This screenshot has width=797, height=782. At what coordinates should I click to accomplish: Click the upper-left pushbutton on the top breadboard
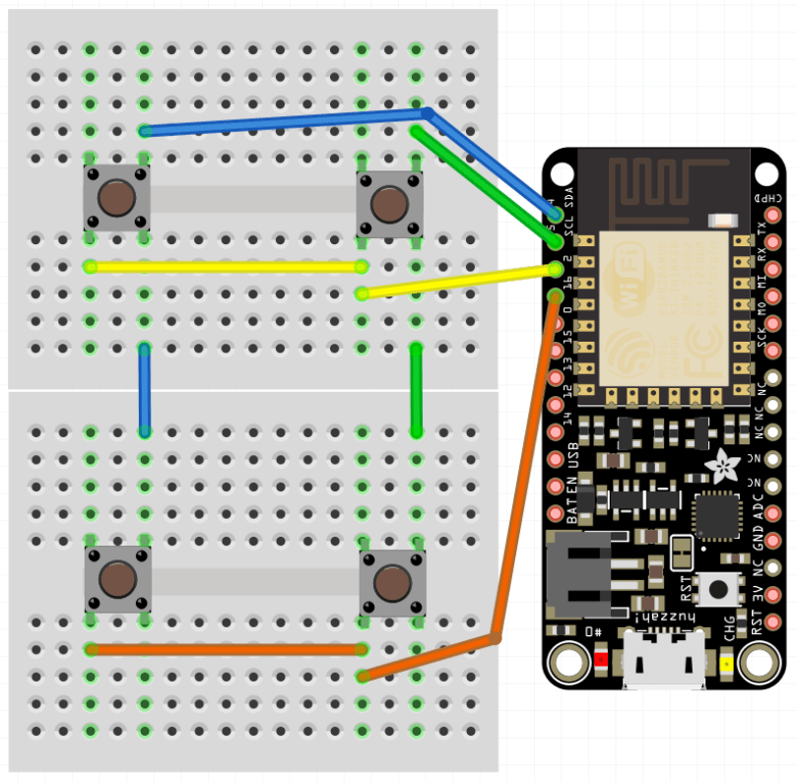tap(117, 198)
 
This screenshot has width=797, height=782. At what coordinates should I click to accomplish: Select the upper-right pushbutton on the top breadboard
tap(390, 205)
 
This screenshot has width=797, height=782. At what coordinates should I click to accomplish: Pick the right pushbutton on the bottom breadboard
tap(392, 583)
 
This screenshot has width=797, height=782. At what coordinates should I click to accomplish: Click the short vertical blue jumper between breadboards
tap(145, 390)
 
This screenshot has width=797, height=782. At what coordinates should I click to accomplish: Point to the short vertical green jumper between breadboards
tap(417, 390)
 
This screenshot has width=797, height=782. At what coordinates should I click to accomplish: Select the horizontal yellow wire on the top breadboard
tap(227, 266)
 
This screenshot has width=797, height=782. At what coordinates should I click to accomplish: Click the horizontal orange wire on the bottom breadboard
tap(227, 649)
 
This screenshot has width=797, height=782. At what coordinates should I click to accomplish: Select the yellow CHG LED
tap(728, 663)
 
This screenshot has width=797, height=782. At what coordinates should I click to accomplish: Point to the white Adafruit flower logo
tap(727, 466)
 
